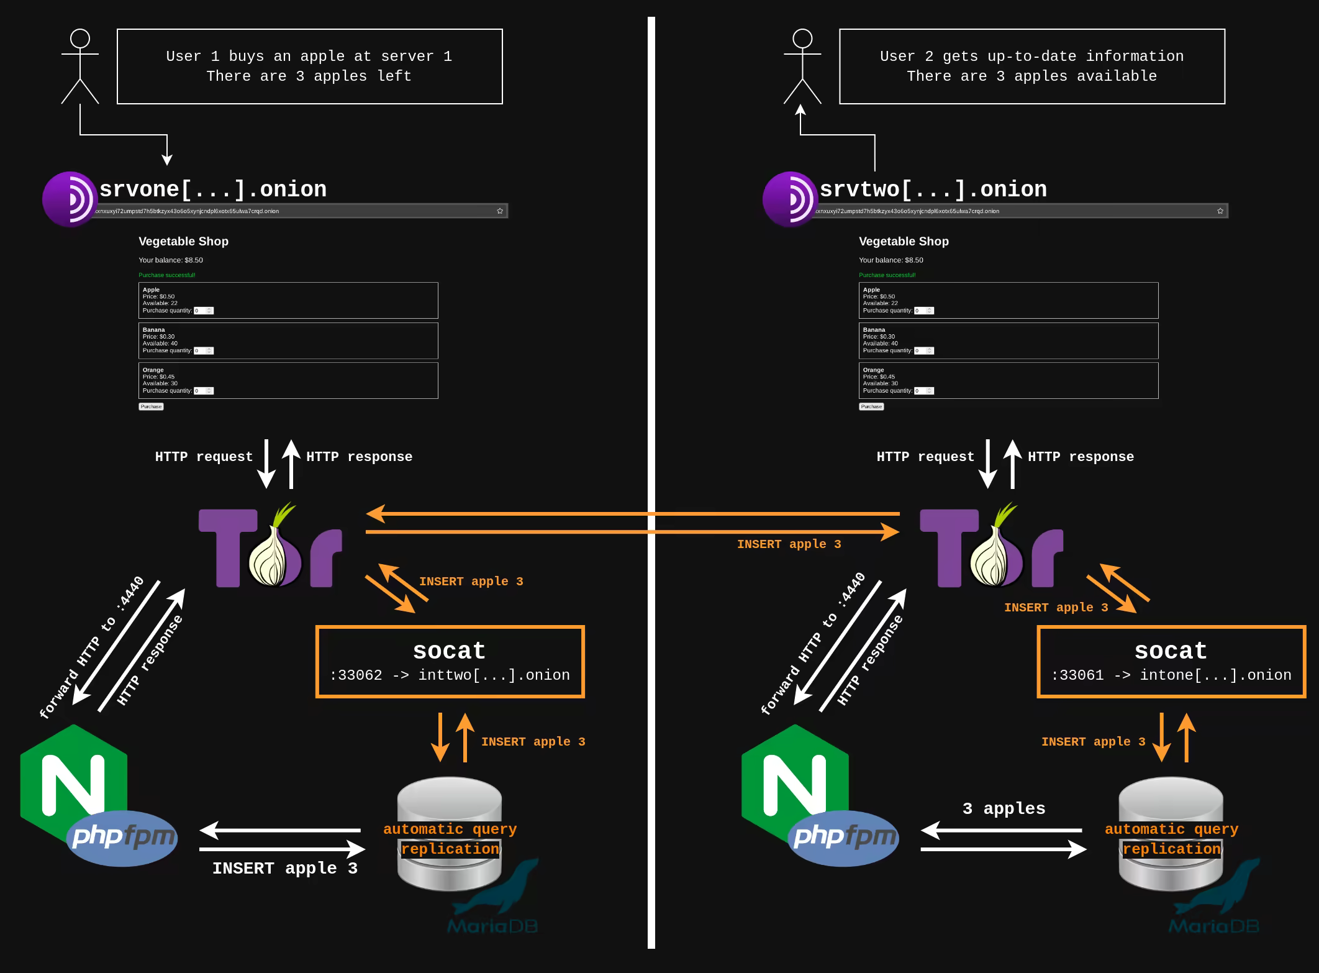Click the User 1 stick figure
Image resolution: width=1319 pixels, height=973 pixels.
[x=80, y=66]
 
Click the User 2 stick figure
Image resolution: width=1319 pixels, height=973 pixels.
[x=802, y=66]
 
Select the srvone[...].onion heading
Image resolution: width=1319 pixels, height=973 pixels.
[x=213, y=189]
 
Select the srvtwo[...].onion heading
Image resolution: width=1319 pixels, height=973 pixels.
[x=933, y=189]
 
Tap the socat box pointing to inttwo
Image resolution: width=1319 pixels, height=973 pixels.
[x=450, y=662]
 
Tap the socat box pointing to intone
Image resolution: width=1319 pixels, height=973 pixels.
[x=1171, y=662]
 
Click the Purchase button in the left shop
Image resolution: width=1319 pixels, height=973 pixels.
[x=151, y=407]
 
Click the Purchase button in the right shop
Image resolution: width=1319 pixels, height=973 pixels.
[x=871, y=407]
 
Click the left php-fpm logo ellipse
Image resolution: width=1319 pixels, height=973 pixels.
[x=122, y=838]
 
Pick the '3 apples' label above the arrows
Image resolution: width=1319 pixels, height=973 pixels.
[x=1004, y=808]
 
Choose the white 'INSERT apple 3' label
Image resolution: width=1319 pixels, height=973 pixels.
[x=284, y=868]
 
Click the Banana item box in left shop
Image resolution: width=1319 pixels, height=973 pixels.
[x=288, y=340]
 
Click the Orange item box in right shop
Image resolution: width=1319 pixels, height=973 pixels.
[x=1009, y=380]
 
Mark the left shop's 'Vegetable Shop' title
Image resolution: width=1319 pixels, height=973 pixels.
[x=183, y=241]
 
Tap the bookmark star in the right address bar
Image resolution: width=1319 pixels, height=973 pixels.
[x=1220, y=211]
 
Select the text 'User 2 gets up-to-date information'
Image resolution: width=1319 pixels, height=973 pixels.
[x=1031, y=56]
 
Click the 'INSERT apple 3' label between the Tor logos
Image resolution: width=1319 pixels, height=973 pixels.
[x=789, y=544]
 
